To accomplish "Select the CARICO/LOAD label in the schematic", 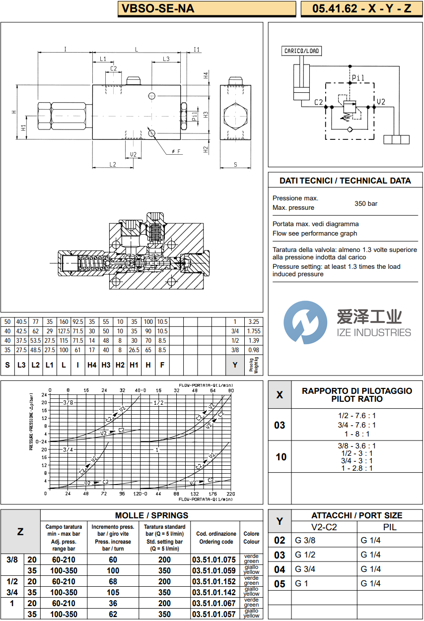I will tap(302, 51).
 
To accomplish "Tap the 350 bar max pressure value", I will tap(366, 203).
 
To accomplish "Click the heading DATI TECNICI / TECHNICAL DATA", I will tap(345, 181).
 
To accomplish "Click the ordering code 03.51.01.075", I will tap(213, 559).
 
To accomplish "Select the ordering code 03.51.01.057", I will tap(213, 614).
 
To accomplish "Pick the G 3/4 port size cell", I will tap(305, 569).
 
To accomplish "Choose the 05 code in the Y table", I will tap(280, 584).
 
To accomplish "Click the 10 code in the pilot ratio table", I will tap(281, 457).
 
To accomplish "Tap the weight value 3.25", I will tap(253, 322).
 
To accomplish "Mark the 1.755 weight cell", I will tap(253, 331).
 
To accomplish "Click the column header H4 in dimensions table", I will tap(92, 365).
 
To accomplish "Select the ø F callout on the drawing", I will tap(175, 151).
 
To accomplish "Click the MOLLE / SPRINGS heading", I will tap(151, 515).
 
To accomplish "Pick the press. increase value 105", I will tap(113, 592).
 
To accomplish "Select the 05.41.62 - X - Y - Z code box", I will tap(361, 8).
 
